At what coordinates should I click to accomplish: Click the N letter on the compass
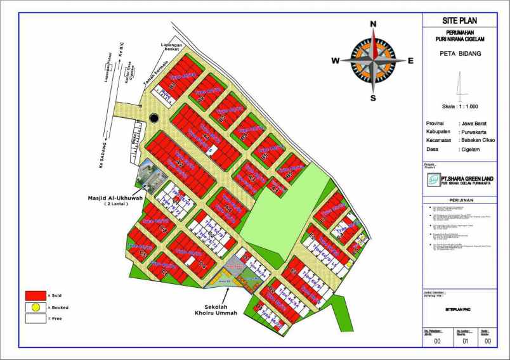pyautogui.click(x=373, y=25)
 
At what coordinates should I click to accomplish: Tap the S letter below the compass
pyautogui.click(x=373, y=98)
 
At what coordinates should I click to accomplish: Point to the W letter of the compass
pyautogui.click(x=336, y=61)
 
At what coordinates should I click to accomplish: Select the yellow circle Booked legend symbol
pyautogui.click(x=36, y=307)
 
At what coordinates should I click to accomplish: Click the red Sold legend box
pyautogui.click(x=36, y=295)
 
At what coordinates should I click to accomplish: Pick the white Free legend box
pyautogui.click(x=36, y=319)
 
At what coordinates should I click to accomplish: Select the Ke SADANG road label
pyautogui.click(x=101, y=156)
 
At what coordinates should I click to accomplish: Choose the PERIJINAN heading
pyautogui.click(x=460, y=200)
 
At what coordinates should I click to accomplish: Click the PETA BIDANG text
pyautogui.click(x=460, y=54)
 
